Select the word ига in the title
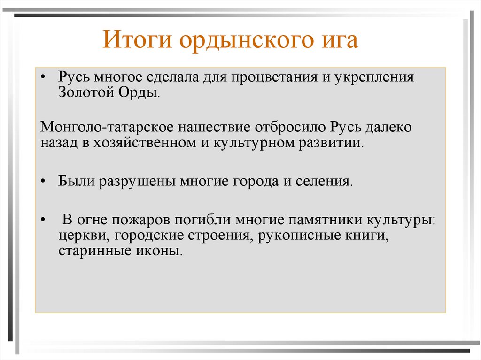(x=337, y=41)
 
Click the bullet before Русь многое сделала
(x=43, y=77)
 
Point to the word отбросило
(x=291, y=128)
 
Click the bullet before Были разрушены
(x=43, y=182)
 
